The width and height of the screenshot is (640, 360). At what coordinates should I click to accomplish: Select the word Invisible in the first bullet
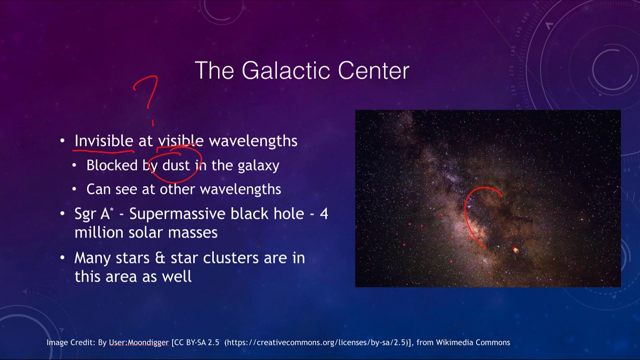click(x=103, y=141)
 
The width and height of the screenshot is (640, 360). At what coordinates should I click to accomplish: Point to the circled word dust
click(x=176, y=165)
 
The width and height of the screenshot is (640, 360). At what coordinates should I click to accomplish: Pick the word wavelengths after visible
click(x=253, y=141)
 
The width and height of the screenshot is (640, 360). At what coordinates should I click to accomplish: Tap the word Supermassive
click(x=177, y=214)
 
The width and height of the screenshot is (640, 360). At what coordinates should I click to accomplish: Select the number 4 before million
click(x=324, y=214)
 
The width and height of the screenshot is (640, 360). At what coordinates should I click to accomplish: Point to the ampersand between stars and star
click(x=159, y=258)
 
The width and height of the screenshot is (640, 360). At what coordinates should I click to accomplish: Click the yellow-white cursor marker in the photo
click(x=515, y=249)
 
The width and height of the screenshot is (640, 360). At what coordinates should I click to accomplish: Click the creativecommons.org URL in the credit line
click(x=315, y=342)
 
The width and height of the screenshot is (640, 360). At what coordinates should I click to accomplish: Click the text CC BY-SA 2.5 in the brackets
click(x=196, y=342)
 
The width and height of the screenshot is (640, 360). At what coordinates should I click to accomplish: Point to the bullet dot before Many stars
click(x=62, y=258)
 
